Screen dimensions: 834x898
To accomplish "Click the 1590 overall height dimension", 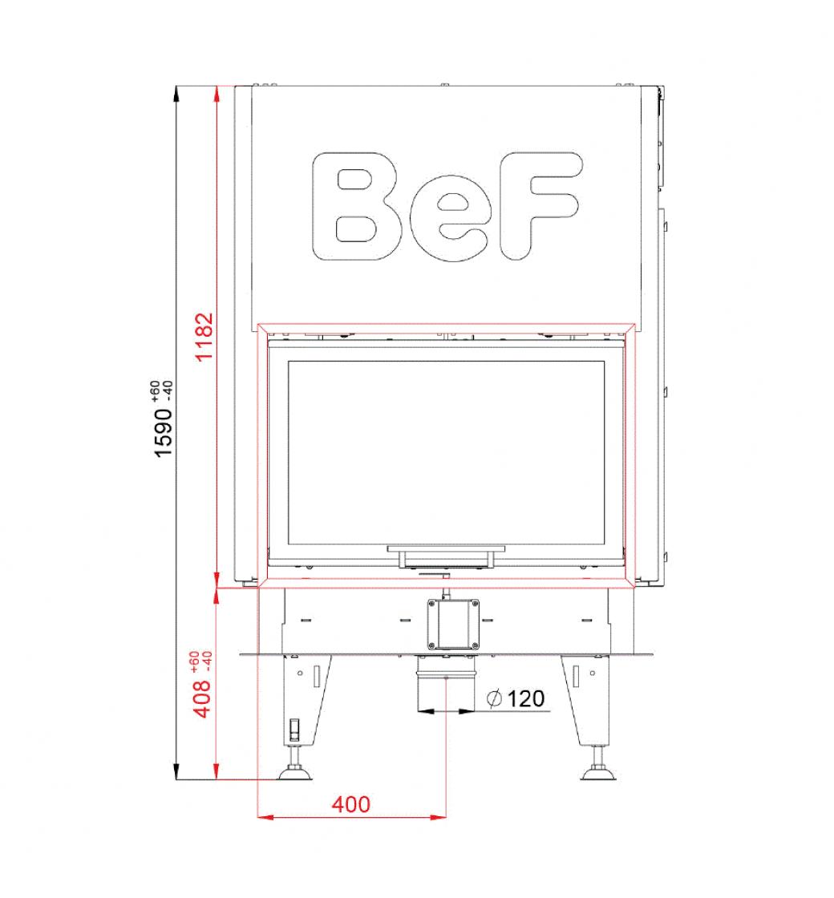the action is pyautogui.click(x=164, y=432).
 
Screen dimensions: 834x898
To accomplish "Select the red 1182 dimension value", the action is pyautogui.click(x=204, y=338).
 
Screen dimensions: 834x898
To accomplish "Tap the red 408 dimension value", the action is pyautogui.click(x=202, y=698).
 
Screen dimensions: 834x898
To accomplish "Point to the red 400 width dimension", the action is pyautogui.click(x=350, y=804).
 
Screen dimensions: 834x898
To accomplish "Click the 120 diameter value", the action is pyautogui.click(x=525, y=698).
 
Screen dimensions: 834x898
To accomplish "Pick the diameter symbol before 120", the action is pyautogui.click(x=494, y=698).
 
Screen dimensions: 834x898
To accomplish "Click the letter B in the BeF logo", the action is pyautogui.click(x=356, y=206).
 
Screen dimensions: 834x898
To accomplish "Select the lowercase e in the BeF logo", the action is pyautogui.click(x=450, y=218).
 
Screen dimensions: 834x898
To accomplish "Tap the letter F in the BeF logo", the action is pyautogui.click(x=540, y=205).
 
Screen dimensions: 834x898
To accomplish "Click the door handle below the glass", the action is pyautogui.click(x=446, y=556).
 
